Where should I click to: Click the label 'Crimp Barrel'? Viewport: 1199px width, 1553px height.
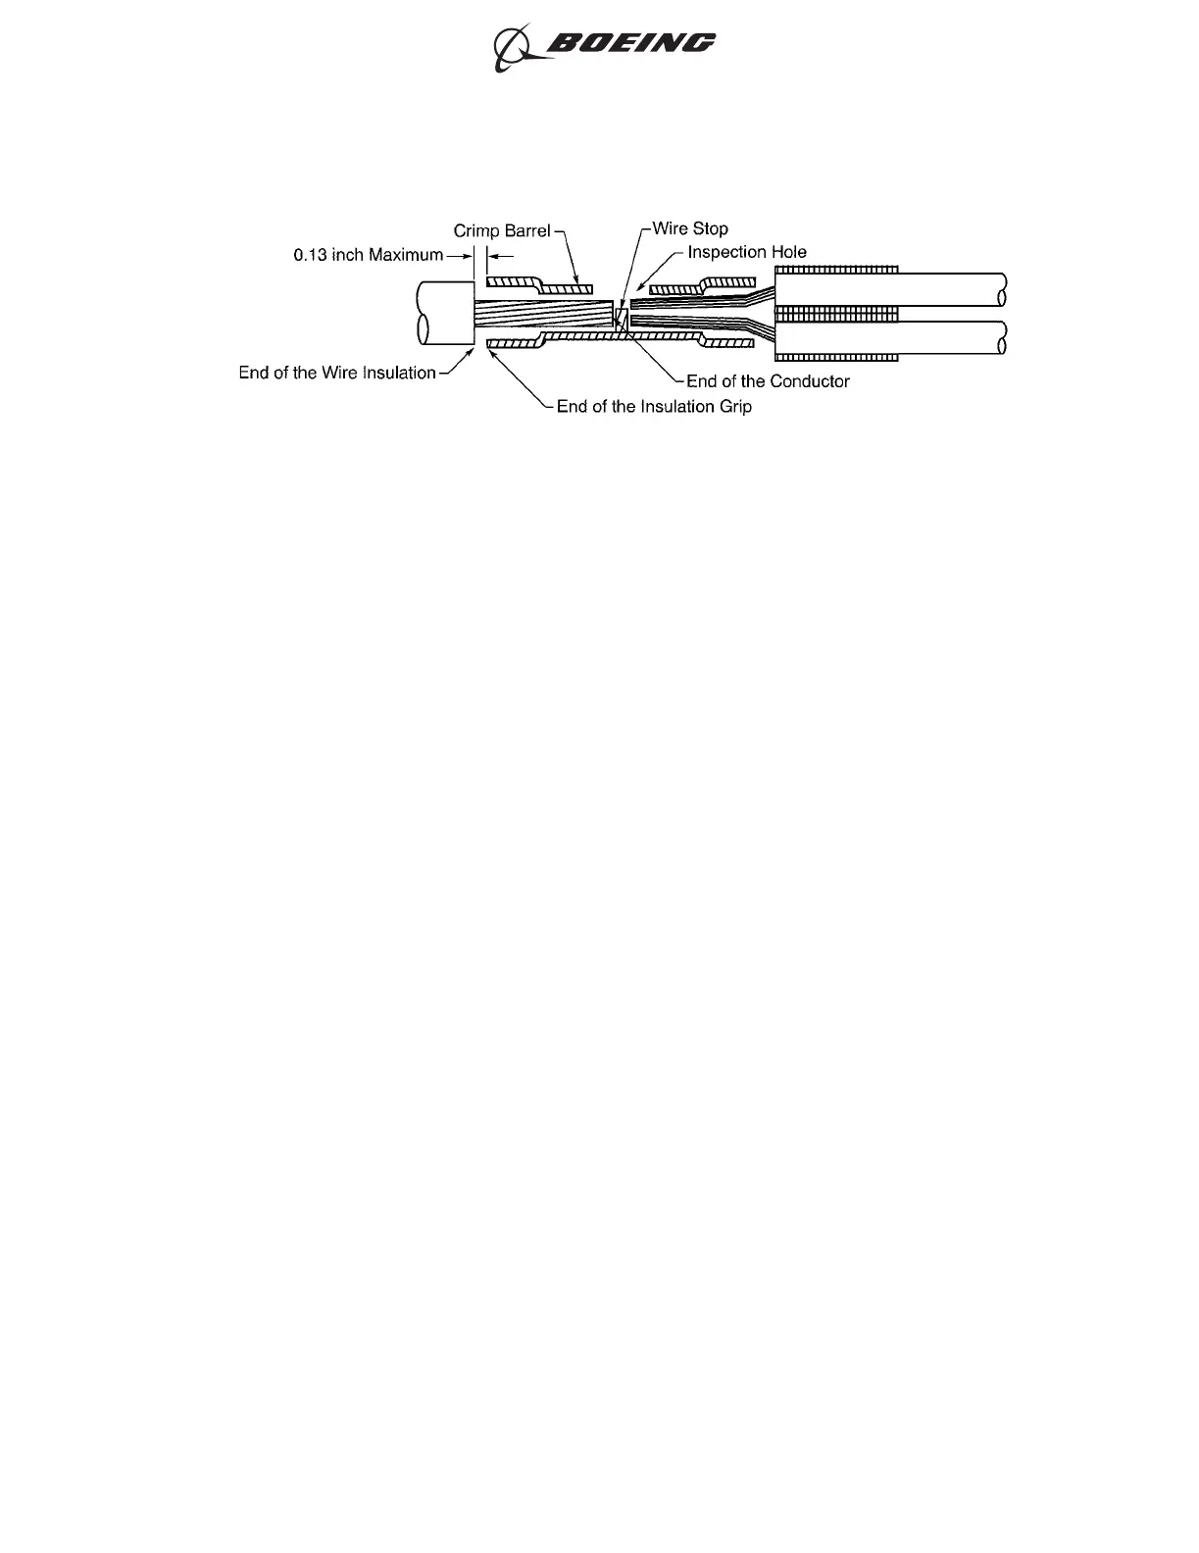click(x=501, y=231)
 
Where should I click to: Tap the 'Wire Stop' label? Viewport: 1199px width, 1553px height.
click(x=690, y=228)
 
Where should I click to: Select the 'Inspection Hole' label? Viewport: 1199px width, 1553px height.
click(x=747, y=252)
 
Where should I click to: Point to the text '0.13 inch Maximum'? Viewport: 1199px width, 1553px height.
click(x=368, y=255)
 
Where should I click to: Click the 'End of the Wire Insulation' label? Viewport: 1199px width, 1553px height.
click(x=337, y=373)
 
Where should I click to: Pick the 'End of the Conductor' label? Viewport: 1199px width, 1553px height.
click(x=768, y=381)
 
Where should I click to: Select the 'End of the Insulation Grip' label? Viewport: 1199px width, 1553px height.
click(x=654, y=406)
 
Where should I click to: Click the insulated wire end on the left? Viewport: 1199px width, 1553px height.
click(x=443, y=315)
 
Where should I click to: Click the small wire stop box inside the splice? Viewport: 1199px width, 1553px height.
click(x=621, y=320)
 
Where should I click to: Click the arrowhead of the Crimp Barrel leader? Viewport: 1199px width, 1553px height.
click(x=577, y=281)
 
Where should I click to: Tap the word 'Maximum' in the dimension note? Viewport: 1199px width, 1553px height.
click(x=406, y=255)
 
